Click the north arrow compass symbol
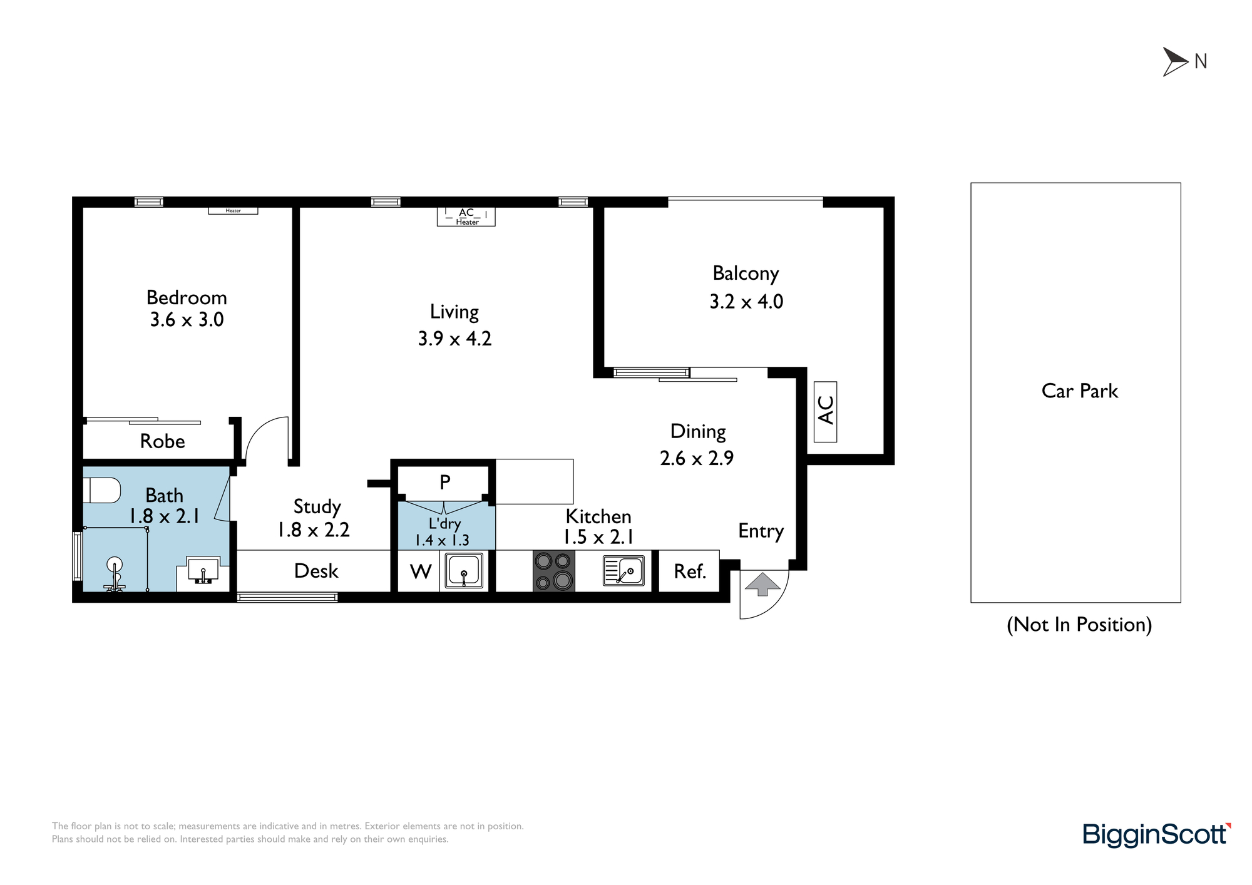click(1174, 62)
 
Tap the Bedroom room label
click(187, 297)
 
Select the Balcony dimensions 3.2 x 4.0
click(746, 302)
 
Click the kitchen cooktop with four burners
click(554, 571)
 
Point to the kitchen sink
click(623, 571)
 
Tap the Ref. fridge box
click(689, 571)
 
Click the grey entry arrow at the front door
click(762, 584)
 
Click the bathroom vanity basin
click(203, 571)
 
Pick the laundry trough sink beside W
click(464, 571)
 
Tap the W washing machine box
click(420, 571)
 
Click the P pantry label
click(445, 482)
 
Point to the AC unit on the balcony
click(826, 411)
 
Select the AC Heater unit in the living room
click(466, 217)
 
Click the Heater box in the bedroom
click(233, 210)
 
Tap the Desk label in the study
click(316, 571)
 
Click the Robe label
click(162, 441)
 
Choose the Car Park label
click(1079, 391)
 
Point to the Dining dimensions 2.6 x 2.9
click(697, 458)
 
